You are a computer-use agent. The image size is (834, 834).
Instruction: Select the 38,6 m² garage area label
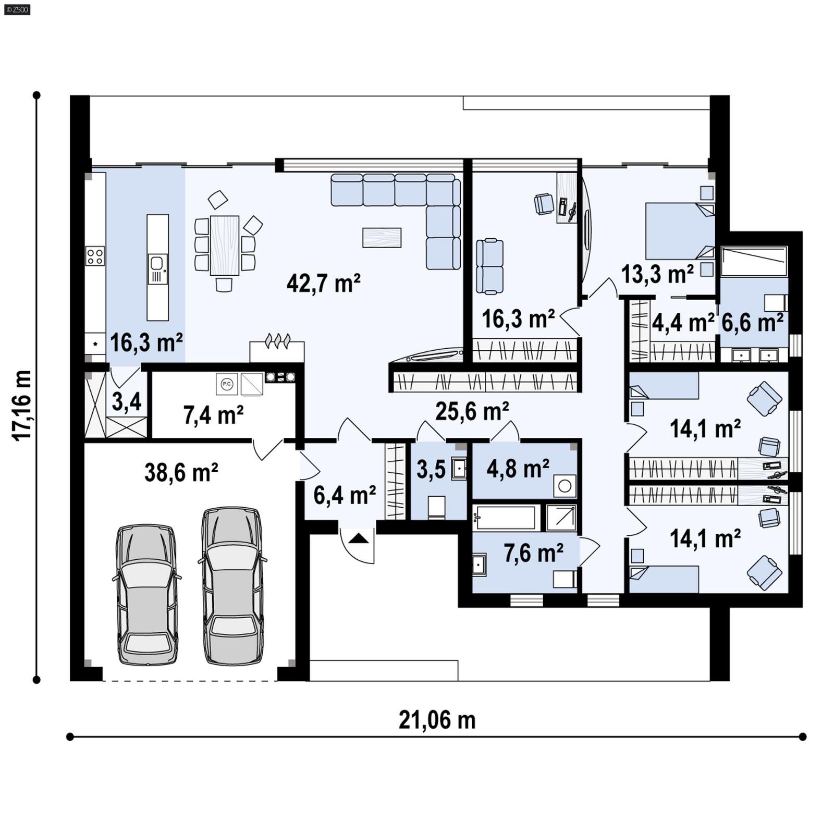(181, 472)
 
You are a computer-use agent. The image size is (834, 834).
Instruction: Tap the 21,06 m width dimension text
(437, 720)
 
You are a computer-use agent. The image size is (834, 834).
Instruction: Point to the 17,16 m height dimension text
(22, 406)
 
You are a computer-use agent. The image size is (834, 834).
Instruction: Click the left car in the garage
(147, 595)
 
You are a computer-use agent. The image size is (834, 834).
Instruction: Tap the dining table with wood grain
(225, 246)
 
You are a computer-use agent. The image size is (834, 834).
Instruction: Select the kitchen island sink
(157, 269)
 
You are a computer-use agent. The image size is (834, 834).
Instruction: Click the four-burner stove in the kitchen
(95, 256)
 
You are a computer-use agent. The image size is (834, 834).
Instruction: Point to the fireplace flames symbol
(277, 341)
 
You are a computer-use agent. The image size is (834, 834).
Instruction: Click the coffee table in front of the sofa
(382, 237)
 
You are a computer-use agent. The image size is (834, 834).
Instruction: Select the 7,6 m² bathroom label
(533, 553)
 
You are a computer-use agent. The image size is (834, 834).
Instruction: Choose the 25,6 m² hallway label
(472, 411)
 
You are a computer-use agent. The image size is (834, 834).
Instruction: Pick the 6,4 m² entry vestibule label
(345, 495)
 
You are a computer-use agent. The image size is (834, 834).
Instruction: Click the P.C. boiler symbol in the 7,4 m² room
(227, 384)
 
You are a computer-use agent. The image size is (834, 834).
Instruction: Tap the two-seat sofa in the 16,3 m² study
(490, 266)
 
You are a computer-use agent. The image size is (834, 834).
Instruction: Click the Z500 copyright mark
(17, 9)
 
